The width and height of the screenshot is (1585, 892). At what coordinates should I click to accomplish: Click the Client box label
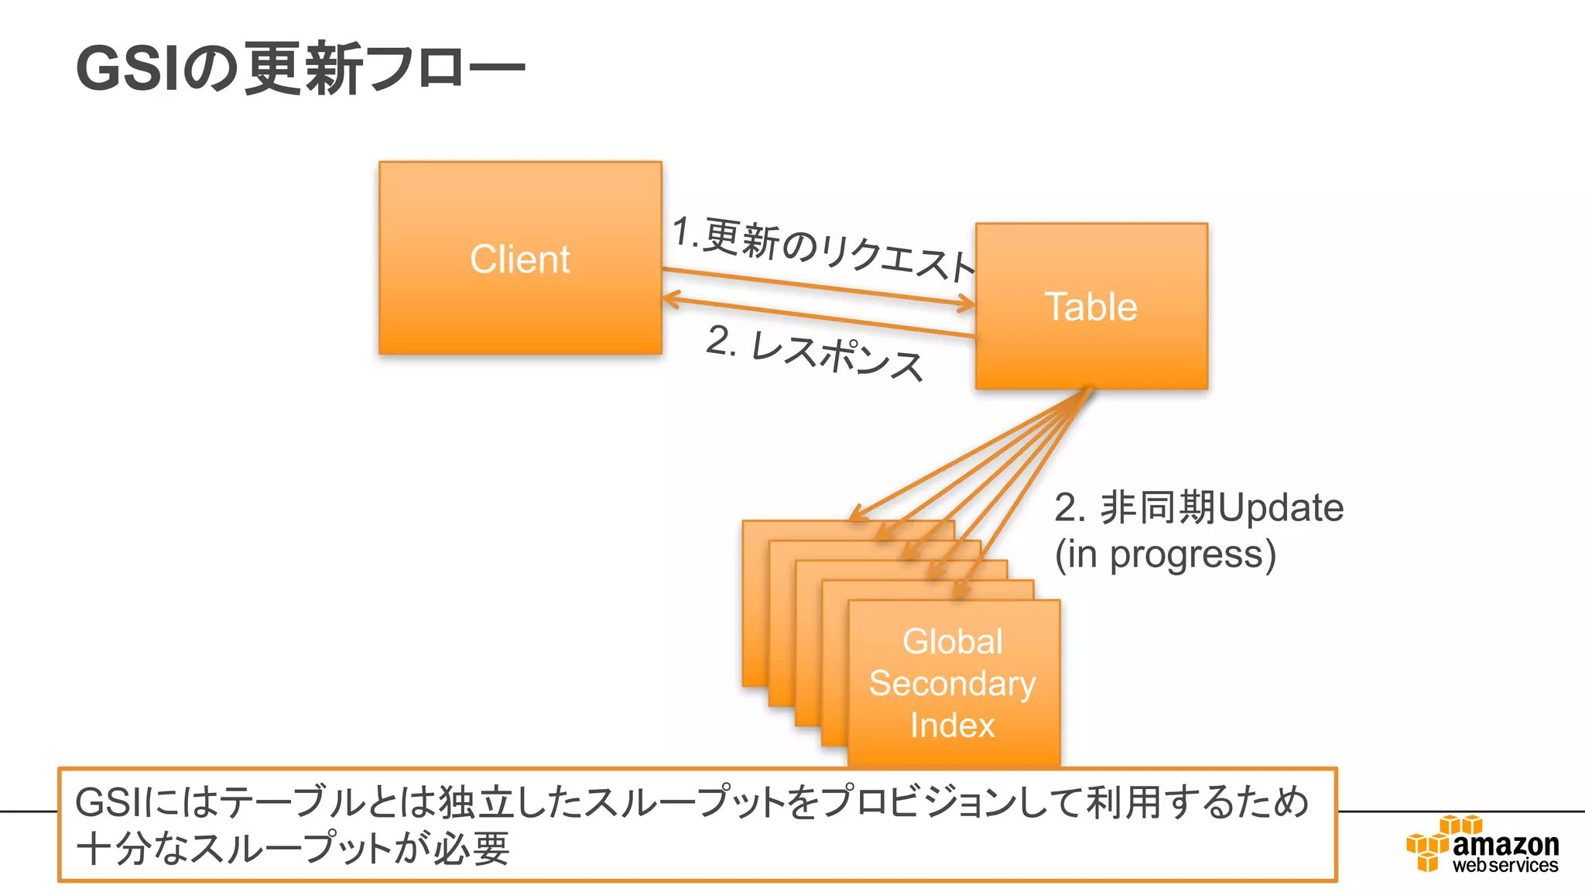point(520,259)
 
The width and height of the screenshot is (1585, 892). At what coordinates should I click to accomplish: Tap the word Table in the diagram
point(1091,307)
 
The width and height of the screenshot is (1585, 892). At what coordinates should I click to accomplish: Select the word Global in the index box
point(953,641)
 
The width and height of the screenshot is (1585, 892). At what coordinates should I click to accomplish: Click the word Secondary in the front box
point(953,683)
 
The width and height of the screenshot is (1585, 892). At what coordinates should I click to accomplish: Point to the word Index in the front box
point(953,725)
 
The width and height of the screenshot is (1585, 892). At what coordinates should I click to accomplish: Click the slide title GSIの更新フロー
point(300,69)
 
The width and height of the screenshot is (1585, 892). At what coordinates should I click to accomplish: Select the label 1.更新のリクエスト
point(822,249)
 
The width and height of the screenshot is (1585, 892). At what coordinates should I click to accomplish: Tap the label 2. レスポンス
point(814,353)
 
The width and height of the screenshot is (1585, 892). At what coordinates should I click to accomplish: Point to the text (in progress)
point(1166,554)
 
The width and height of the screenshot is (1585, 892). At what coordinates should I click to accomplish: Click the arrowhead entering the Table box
point(967,304)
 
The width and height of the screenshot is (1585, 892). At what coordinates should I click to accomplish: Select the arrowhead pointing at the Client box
point(670,299)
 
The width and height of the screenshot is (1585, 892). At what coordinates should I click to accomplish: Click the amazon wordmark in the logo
point(1505,843)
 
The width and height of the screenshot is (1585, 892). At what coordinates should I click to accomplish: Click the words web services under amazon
point(1505,866)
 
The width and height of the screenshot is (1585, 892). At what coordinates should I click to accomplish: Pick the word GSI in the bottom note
point(108,802)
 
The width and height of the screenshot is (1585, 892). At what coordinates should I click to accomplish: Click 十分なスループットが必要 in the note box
point(293,849)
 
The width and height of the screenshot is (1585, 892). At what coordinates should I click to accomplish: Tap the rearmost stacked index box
point(755,604)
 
